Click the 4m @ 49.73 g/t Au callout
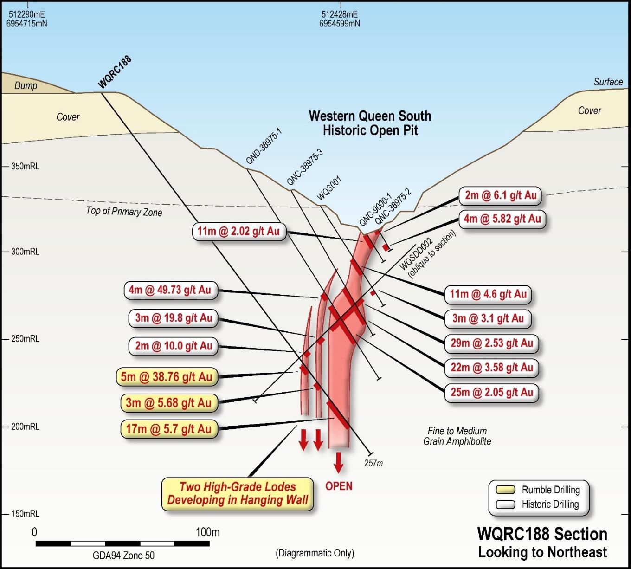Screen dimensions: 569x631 tap(170, 290)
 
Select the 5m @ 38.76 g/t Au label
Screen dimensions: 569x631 tap(167, 377)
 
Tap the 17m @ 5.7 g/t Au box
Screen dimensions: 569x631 tap(169, 429)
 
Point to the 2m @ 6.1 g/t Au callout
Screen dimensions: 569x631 tap(500, 195)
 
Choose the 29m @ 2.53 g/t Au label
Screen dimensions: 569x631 tap(492, 343)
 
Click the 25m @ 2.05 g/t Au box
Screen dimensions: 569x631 tap(492, 392)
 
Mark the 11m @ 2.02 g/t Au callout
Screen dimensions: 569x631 tap(239, 231)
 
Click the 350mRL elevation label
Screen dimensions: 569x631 tap(25, 167)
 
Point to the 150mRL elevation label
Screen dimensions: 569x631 tap(25, 514)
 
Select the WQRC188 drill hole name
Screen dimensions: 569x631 tap(115, 72)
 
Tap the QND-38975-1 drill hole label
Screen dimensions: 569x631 tap(264, 146)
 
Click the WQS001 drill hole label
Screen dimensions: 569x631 tap(329, 188)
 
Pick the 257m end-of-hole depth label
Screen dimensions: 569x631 tap(373, 463)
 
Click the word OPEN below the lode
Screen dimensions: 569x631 tap(339, 486)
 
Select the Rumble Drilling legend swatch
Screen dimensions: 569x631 tap(505, 490)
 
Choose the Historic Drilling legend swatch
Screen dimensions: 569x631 tap(505, 504)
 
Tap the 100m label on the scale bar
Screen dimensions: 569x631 tap(207, 532)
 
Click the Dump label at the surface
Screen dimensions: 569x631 tap(26, 85)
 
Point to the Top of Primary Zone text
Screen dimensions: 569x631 tap(124, 212)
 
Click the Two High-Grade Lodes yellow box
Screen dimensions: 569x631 tap(238, 494)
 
